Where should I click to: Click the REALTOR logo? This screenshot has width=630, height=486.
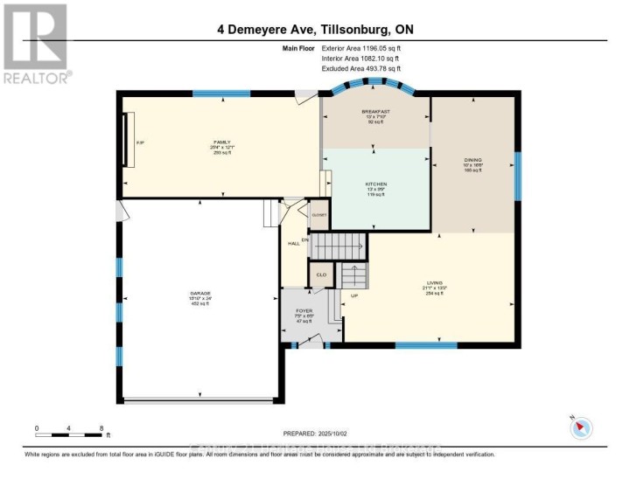pyautogui.click(x=36, y=42)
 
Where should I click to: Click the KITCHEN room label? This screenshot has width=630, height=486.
pyautogui.click(x=375, y=184)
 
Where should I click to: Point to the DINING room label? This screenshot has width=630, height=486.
pyautogui.click(x=472, y=161)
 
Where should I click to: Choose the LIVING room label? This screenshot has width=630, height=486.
pyautogui.click(x=435, y=283)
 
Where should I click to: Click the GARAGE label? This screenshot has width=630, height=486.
pyautogui.click(x=201, y=293)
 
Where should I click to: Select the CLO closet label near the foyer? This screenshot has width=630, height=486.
pyautogui.click(x=321, y=275)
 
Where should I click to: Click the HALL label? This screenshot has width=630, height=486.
pyautogui.click(x=294, y=243)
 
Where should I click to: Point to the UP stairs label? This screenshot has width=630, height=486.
pyautogui.click(x=353, y=295)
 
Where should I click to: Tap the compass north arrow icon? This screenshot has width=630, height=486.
pyautogui.click(x=581, y=428)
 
